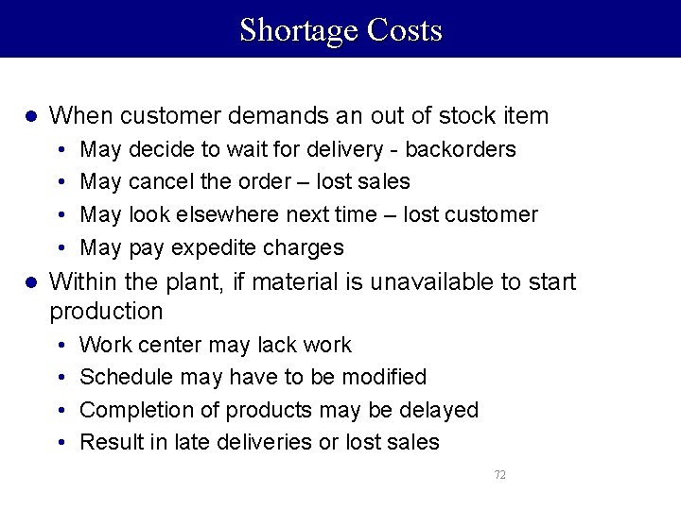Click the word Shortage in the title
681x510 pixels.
(x=299, y=30)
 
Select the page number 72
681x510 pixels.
(x=499, y=474)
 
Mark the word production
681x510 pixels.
(x=106, y=311)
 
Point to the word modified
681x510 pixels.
(x=383, y=377)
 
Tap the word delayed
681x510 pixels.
(x=441, y=410)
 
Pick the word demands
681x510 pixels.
(x=253, y=116)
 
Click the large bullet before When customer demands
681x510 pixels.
(x=30, y=116)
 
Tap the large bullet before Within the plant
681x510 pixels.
(x=30, y=281)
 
